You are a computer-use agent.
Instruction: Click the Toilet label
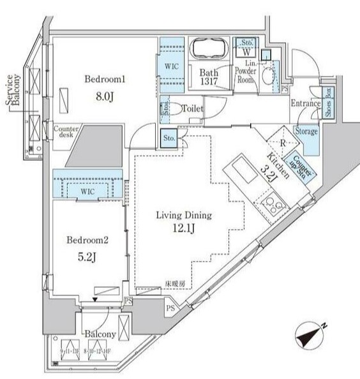(x=193, y=109)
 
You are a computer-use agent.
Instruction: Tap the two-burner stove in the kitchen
(x=273, y=207)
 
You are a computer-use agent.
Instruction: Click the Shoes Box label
(x=327, y=103)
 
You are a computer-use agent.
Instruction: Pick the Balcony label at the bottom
(x=98, y=334)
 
